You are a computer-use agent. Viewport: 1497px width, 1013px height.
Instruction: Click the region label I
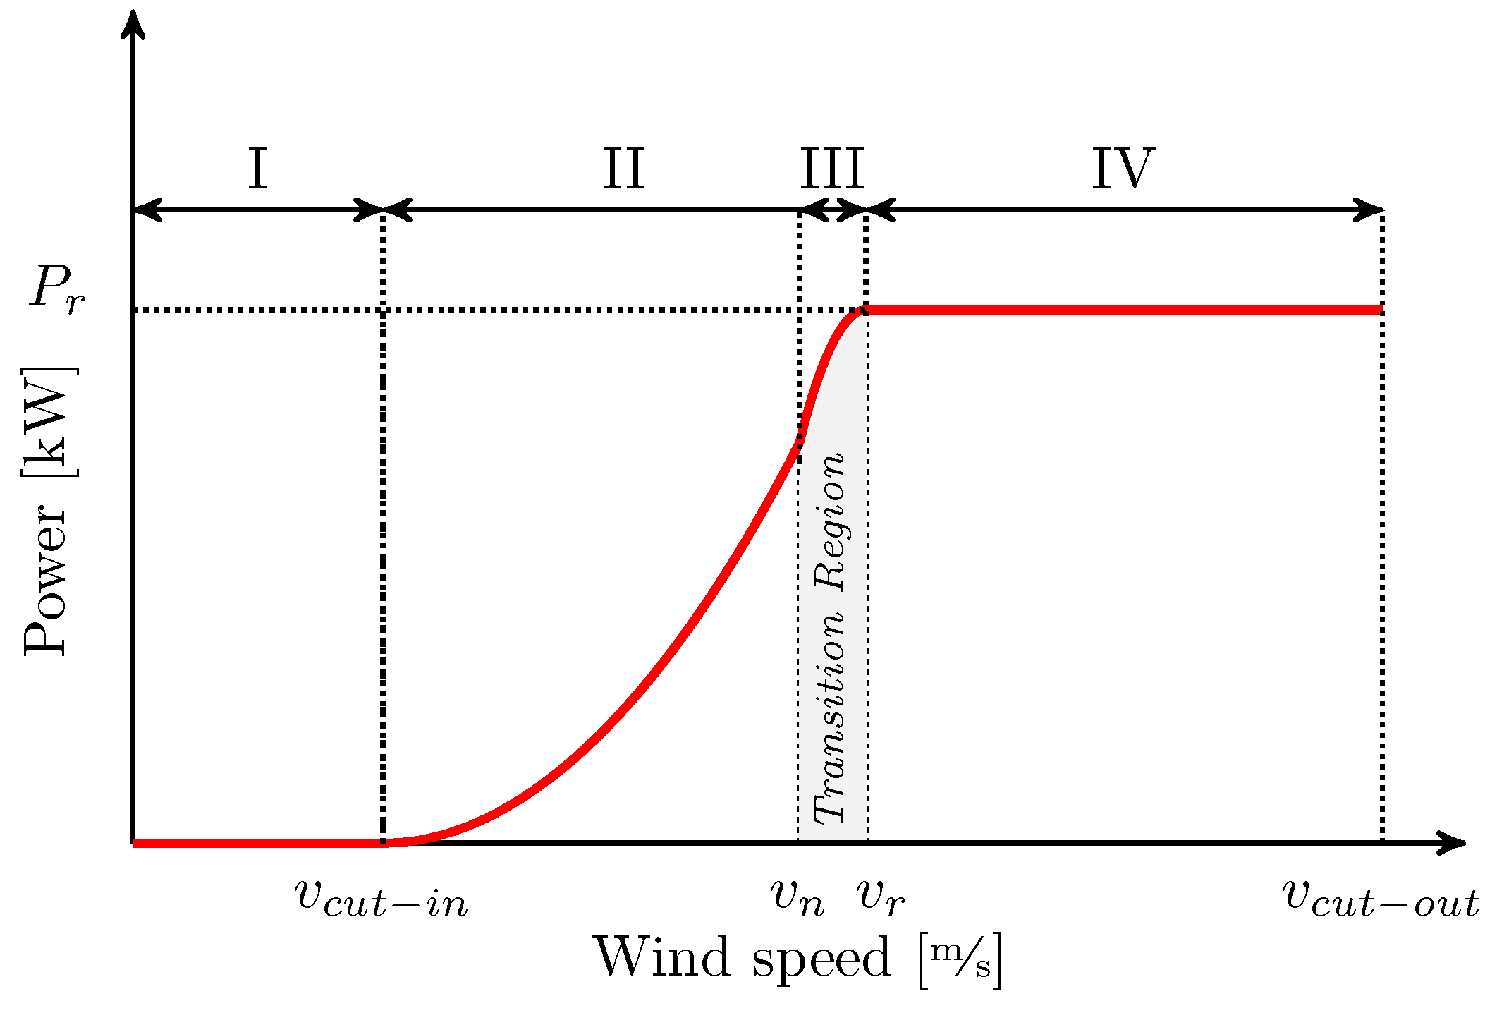pos(257,169)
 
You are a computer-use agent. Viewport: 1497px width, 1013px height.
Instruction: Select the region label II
pos(624,169)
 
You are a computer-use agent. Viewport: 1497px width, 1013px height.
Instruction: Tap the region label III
pos(832,169)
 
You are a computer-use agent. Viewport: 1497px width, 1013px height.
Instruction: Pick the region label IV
pos(1123,169)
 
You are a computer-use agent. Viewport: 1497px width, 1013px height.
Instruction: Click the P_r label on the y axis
pos(56,288)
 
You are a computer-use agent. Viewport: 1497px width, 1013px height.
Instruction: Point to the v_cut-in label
pos(381,899)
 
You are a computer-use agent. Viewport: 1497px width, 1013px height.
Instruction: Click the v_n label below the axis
pos(798,897)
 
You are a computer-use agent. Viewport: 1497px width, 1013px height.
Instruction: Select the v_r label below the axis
pos(881,897)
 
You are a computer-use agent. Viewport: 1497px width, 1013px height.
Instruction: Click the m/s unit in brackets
pos(960,959)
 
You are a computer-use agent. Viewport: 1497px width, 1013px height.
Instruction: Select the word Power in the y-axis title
pos(46,578)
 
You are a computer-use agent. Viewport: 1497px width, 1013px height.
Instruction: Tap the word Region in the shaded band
pos(830,522)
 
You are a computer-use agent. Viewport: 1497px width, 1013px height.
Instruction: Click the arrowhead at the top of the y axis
pos(133,21)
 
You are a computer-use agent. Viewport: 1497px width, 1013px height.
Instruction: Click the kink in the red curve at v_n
pos(800,441)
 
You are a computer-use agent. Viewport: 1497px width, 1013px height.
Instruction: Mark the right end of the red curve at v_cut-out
pos(1380,310)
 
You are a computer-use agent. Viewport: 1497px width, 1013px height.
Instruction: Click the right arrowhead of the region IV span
pos(1371,210)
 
